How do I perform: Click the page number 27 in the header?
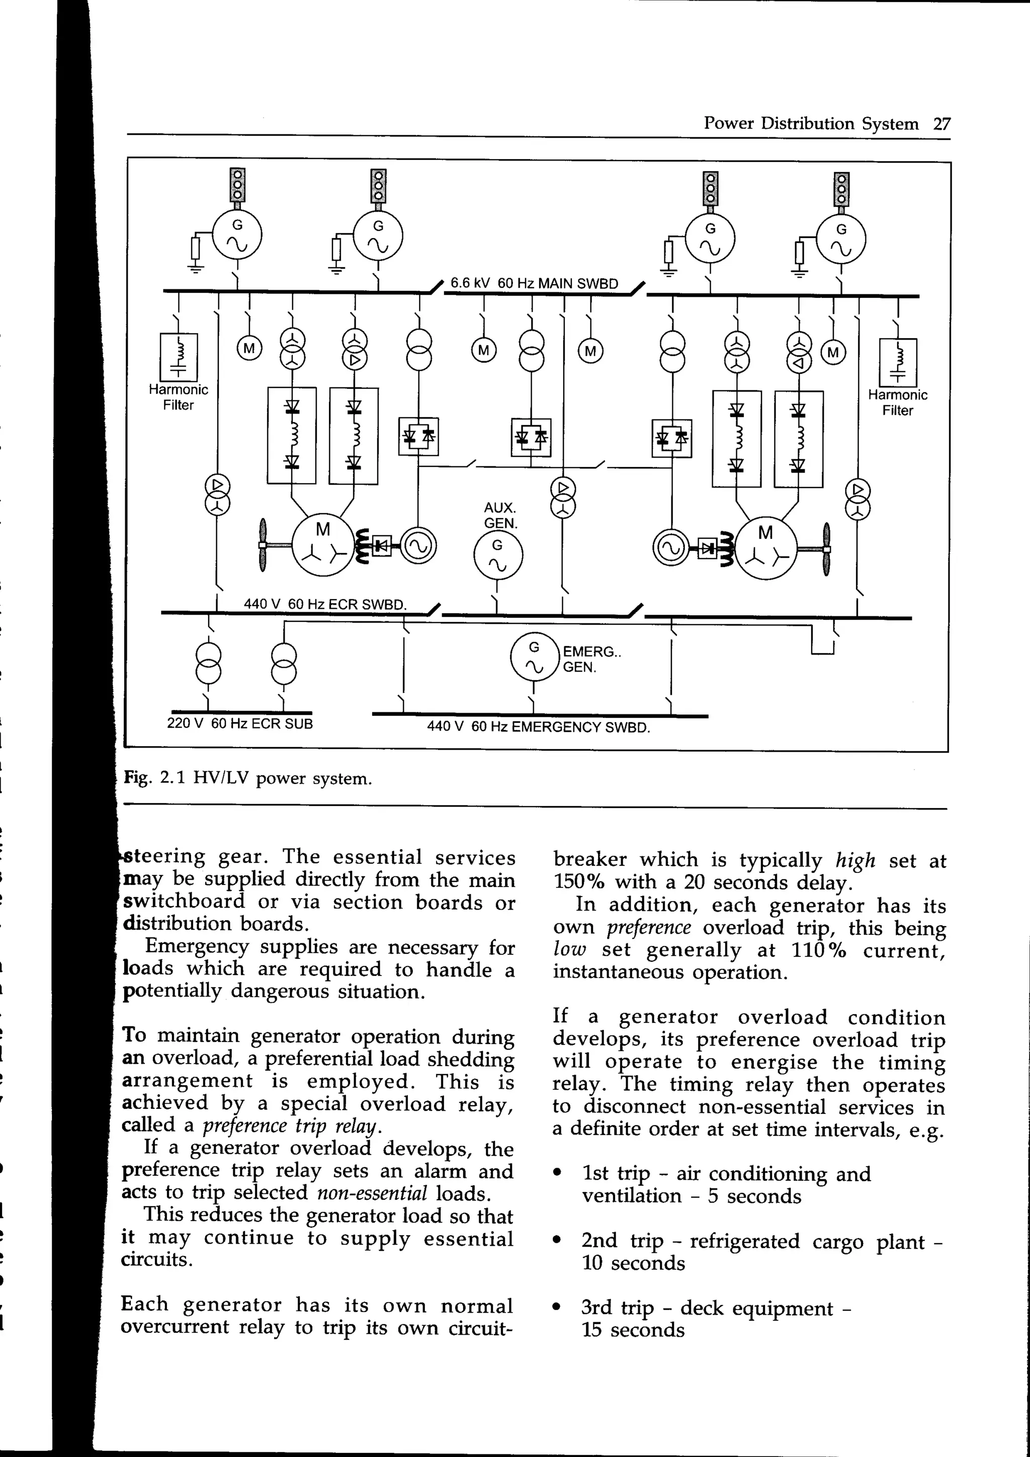[x=942, y=124]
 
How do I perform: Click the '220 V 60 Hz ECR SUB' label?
[x=240, y=723]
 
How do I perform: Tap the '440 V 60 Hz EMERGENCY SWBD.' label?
[x=539, y=726]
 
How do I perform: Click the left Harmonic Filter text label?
[x=178, y=397]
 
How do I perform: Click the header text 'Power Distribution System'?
[x=811, y=124]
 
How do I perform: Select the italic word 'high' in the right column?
[x=855, y=860]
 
